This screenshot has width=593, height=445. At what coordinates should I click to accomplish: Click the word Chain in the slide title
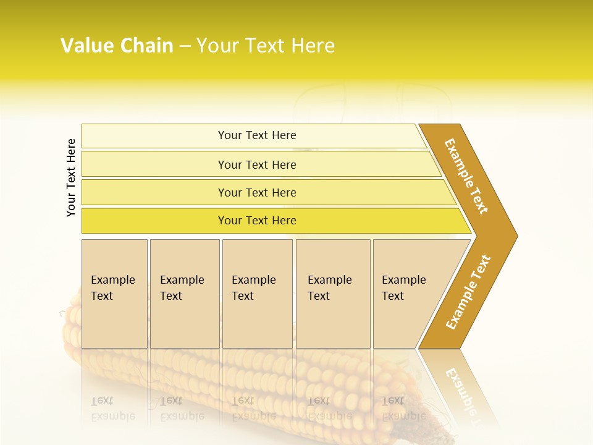tap(147, 46)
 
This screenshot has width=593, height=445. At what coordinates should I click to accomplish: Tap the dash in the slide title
tap(185, 46)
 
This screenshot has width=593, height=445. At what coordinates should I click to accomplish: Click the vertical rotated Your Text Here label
tap(71, 177)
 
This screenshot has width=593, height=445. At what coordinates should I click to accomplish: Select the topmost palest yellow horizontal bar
tap(253, 135)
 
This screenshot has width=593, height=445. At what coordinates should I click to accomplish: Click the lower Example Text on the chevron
tap(468, 292)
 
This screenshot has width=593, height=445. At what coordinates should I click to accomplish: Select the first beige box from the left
tap(114, 294)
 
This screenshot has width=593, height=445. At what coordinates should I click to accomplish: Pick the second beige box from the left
tap(184, 294)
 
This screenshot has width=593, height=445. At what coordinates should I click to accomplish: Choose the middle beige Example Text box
tap(257, 294)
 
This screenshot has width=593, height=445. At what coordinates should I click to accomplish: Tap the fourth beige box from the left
tap(333, 294)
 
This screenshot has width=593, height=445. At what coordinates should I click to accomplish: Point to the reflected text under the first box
tap(112, 408)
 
